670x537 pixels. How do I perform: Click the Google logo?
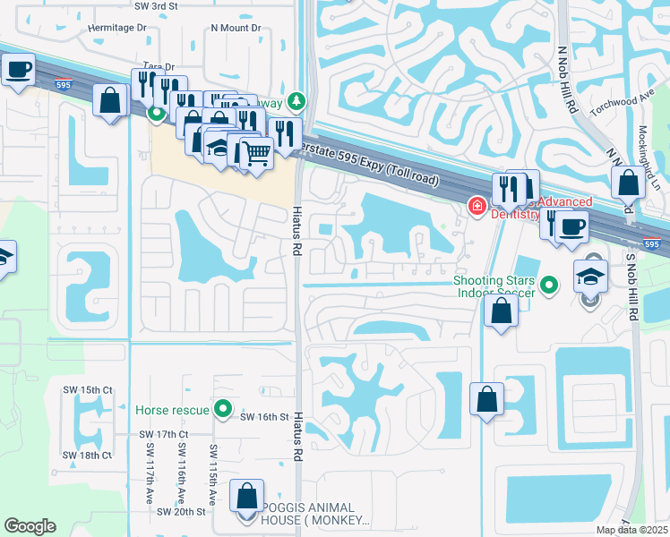(30, 526)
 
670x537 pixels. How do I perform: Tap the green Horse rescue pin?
(224, 410)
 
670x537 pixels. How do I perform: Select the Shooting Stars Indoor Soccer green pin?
(550, 286)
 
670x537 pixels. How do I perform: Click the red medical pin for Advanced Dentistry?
(478, 207)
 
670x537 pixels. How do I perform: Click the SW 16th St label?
(264, 417)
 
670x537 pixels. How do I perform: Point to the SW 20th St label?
(181, 512)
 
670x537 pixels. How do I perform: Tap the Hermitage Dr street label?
(116, 28)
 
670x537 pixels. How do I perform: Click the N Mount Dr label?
(236, 28)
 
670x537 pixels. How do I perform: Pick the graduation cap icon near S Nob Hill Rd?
(590, 276)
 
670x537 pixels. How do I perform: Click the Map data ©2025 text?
(631, 530)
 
